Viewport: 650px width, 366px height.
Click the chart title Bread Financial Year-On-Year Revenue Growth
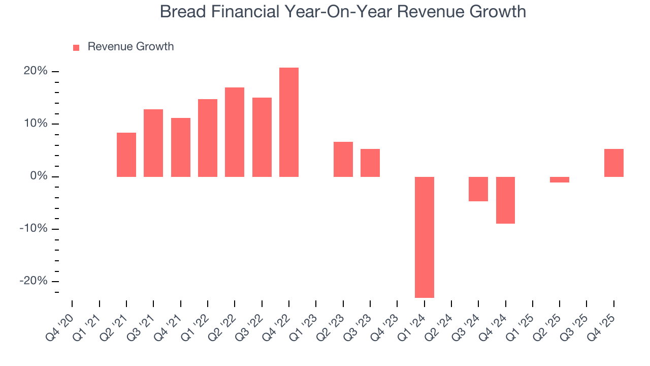343,11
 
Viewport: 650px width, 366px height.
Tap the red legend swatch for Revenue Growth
76,47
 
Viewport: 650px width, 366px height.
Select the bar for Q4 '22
289,122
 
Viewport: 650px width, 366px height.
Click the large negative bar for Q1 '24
425,237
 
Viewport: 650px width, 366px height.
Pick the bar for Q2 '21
126,155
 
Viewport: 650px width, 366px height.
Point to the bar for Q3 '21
153,143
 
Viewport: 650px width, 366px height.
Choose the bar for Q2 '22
235,132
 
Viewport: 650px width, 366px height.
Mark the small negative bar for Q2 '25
560,179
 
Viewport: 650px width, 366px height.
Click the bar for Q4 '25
614,163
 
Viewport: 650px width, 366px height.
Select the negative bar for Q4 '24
506,200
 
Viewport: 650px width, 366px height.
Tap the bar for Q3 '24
478,189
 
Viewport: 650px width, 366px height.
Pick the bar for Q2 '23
343,159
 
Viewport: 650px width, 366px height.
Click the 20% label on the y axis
36,71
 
